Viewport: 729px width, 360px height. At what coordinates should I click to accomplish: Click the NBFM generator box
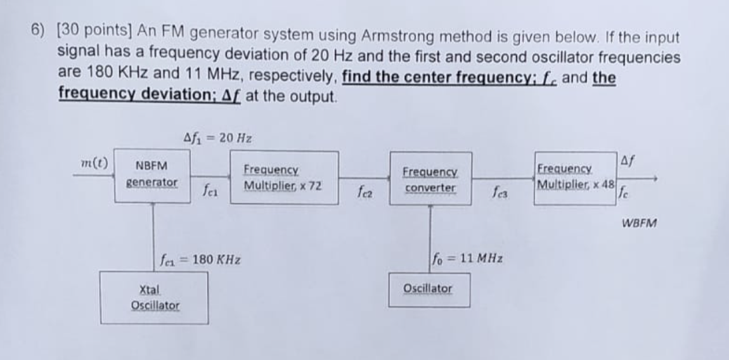(152, 177)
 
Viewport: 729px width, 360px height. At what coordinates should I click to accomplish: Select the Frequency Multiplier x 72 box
(283, 178)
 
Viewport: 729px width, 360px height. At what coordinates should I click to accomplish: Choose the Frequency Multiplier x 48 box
(576, 178)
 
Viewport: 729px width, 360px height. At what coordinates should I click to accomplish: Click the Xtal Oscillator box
(154, 298)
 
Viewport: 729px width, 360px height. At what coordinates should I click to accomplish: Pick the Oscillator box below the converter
(429, 290)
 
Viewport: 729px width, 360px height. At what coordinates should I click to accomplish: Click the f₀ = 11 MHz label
(467, 259)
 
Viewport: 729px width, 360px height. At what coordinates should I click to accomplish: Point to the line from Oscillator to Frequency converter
(430, 238)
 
